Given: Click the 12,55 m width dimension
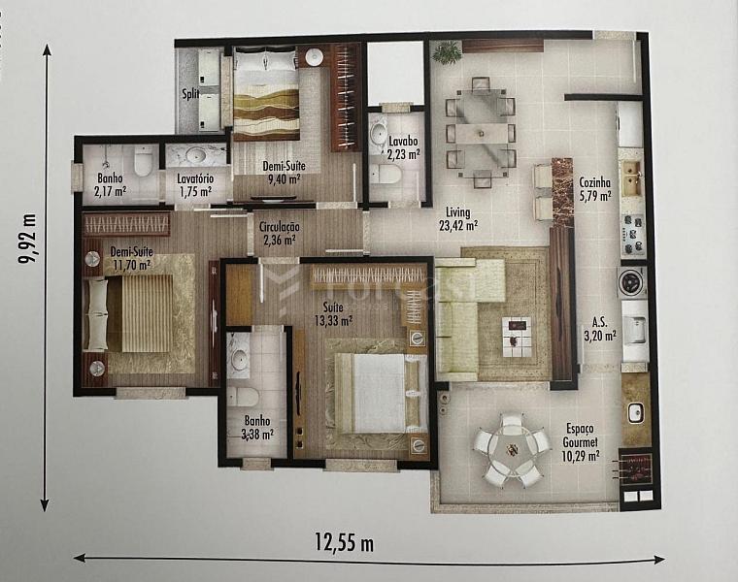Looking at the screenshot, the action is click(344, 543).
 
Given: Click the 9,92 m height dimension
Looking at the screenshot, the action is click(27, 240).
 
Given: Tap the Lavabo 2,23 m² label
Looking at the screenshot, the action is click(403, 147).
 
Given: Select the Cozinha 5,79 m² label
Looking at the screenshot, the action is click(595, 188).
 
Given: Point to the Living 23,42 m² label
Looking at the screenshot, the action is click(458, 219).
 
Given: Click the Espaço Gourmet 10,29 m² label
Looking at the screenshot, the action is click(581, 442).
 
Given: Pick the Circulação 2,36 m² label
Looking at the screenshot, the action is click(280, 233).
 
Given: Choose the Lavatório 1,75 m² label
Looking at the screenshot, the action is click(195, 184).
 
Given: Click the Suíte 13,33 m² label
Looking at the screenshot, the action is click(333, 314).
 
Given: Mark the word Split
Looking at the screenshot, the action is click(190, 94).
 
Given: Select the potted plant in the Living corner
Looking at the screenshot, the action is click(447, 50).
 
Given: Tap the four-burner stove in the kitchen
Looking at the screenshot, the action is click(633, 234).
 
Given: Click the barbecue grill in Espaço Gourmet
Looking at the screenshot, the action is click(635, 469).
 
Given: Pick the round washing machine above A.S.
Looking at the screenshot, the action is click(631, 281).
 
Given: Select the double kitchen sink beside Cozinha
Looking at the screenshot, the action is click(632, 178).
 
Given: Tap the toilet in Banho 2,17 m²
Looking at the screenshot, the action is click(143, 161).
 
